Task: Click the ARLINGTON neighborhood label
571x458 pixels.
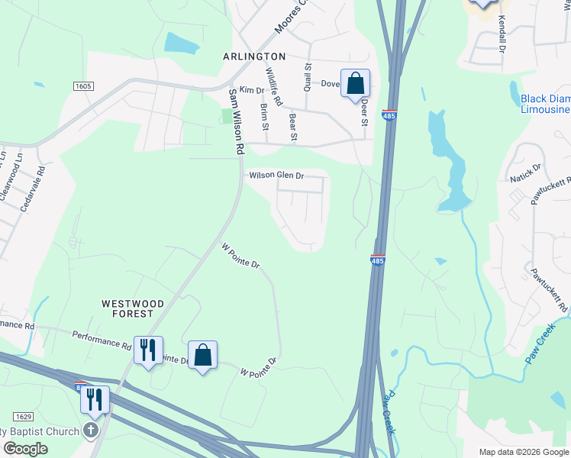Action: tap(254, 56)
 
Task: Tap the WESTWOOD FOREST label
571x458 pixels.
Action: tap(133, 308)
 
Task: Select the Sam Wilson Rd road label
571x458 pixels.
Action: tap(237, 119)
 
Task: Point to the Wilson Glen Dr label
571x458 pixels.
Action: tap(276, 176)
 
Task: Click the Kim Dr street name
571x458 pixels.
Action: tap(251, 90)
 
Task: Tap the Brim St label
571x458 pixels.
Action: tap(264, 117)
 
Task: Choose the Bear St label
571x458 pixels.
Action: tap(292, 126)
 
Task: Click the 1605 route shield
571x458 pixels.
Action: tap(84, 86)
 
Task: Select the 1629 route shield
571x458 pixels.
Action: tap(23, 416)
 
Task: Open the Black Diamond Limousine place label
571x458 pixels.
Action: tap(545, 104)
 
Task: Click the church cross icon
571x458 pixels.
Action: tap(91, 430)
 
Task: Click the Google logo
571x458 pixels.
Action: tap(25, 449)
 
